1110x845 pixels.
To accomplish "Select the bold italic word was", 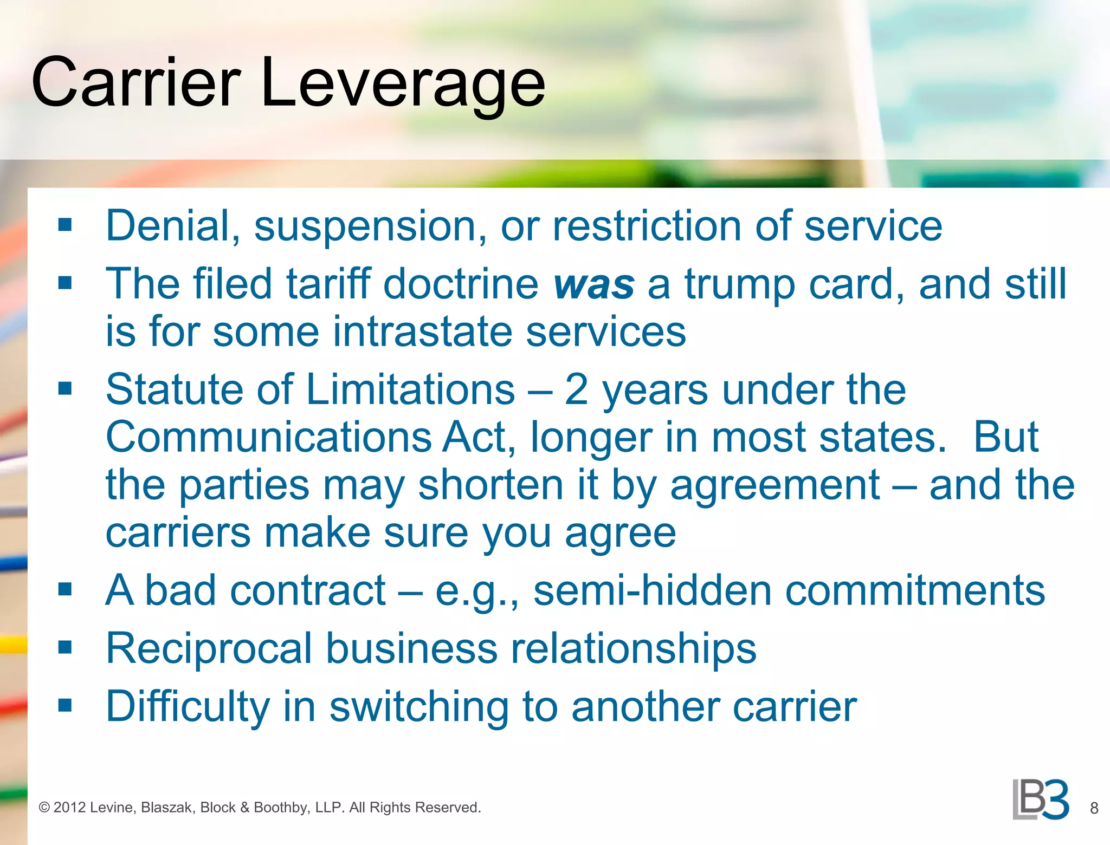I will click(593, 285).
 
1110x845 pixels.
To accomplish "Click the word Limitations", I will click(411, 389).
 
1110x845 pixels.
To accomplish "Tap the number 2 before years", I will click(576, 390).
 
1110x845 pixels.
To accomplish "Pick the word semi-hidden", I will click(652, 590).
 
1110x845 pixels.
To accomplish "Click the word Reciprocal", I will click(209, 648).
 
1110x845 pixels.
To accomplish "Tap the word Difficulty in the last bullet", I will click(188, 707).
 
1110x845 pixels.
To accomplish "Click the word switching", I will click(419, 707).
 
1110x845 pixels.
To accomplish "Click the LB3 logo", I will click(1041, 800).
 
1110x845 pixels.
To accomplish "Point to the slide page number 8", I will click(1094, 808).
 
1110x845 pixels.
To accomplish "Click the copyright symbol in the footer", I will click(44, 808).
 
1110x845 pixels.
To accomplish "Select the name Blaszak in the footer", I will click(168, 808).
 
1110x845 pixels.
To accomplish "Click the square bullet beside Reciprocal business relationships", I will click(65, 647).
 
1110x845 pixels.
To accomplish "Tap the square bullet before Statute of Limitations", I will click(65, 388).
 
